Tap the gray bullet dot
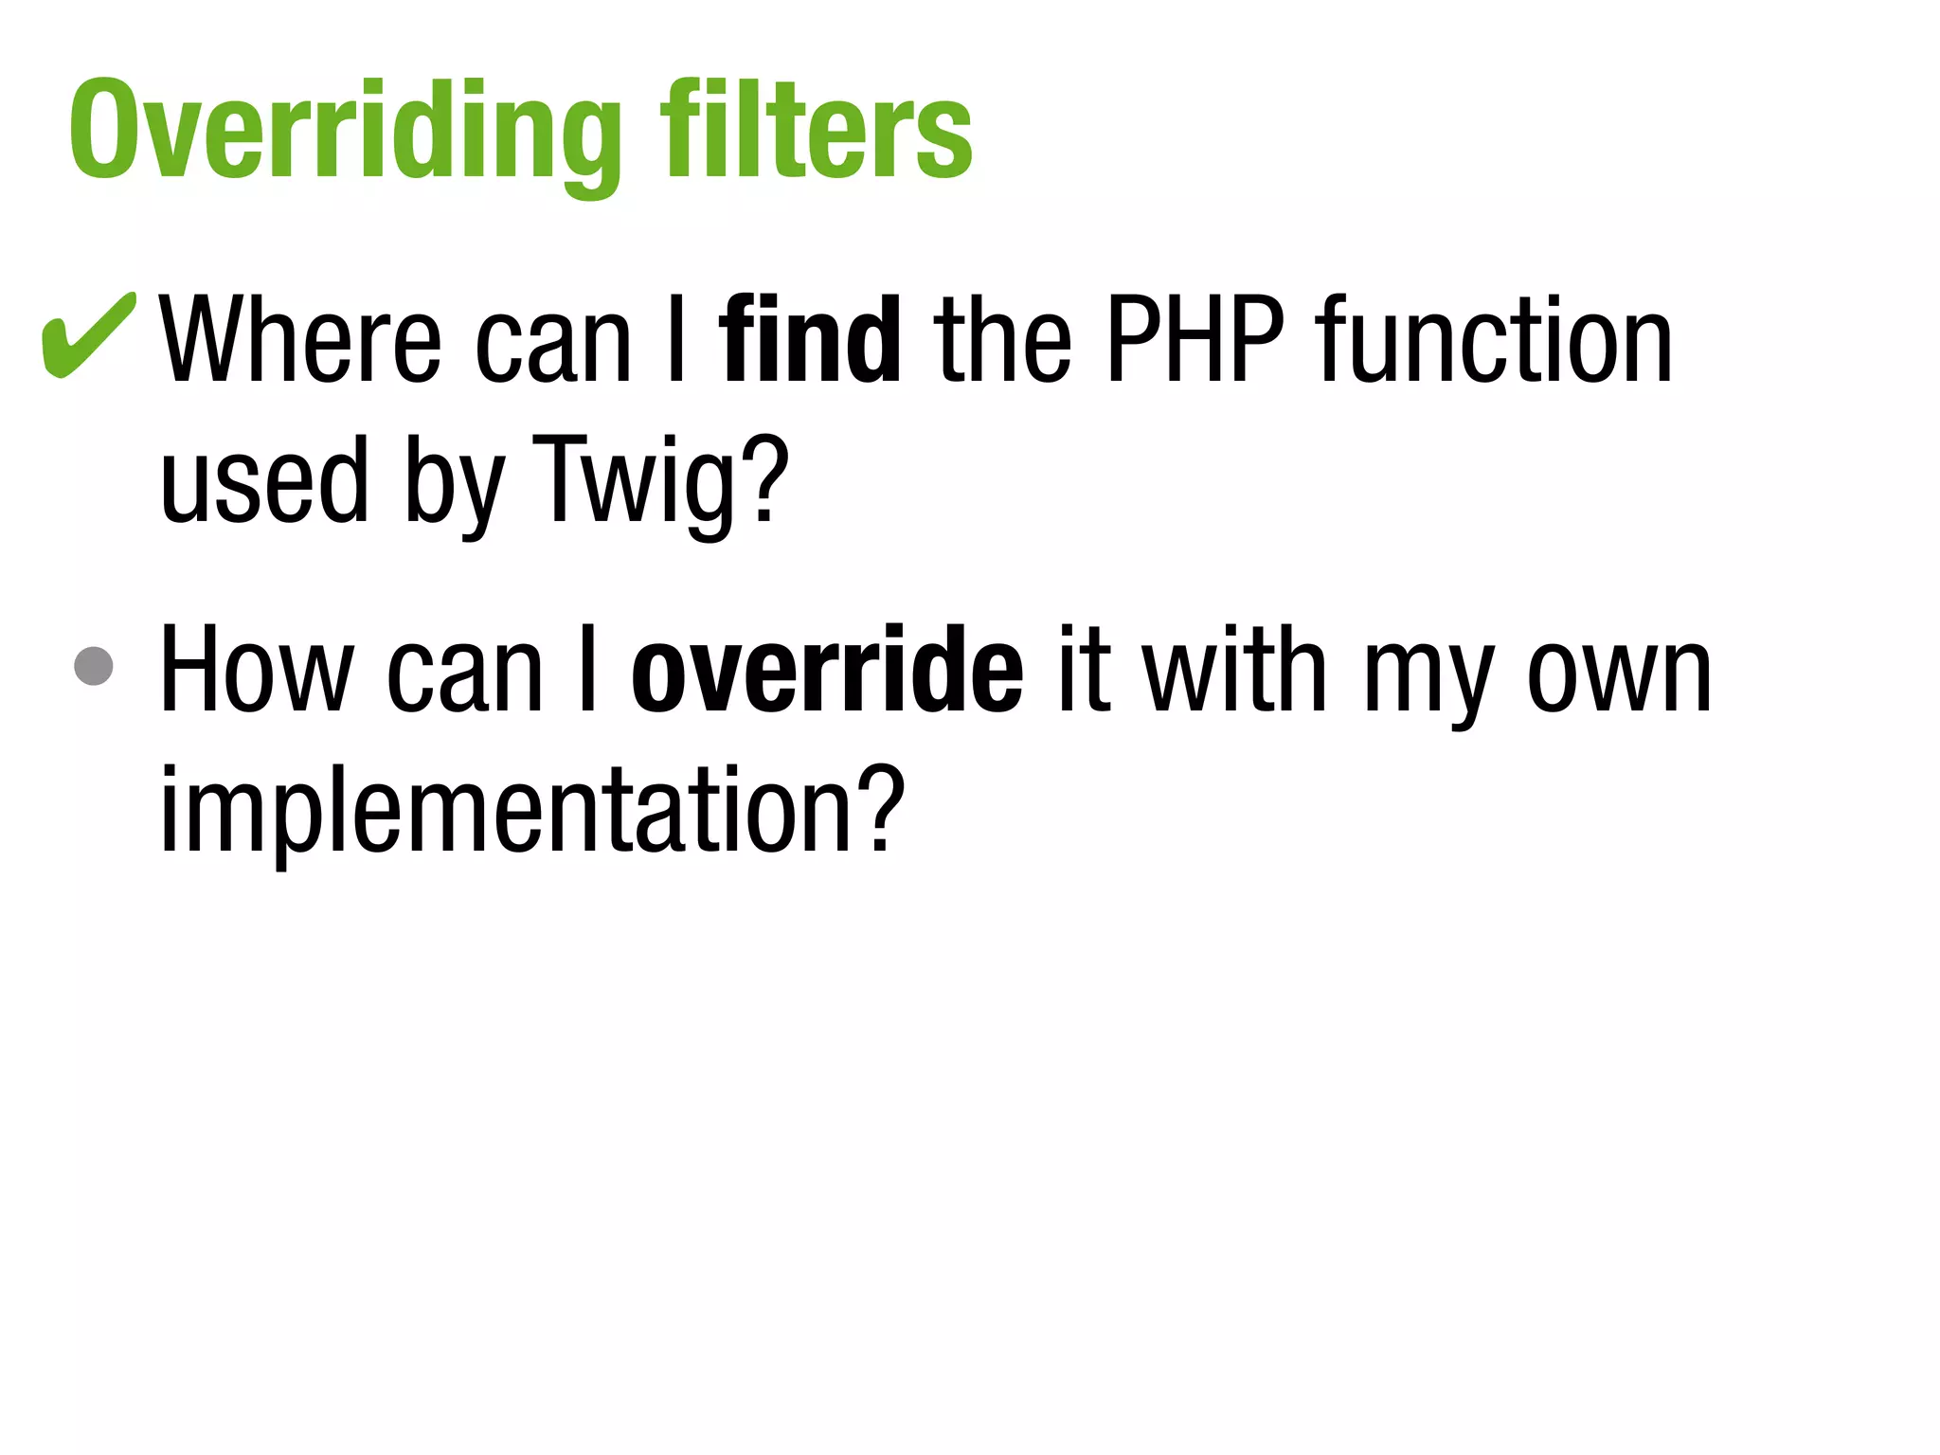pos(94,666)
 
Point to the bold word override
pos(827,671)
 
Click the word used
pos(263,481)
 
